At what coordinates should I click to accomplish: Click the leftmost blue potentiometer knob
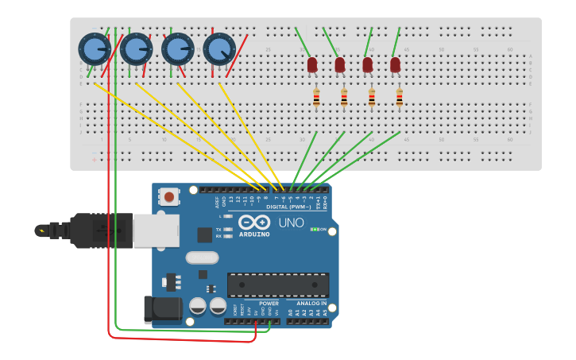pos(95,49)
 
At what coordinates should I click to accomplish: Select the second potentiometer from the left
pos(136,49)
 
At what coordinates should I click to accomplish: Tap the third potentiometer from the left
pos(177,49)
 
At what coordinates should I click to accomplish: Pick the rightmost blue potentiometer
pos(219,49)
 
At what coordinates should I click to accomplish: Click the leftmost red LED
pos(312,64)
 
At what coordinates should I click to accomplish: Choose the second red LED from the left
pos(340,64)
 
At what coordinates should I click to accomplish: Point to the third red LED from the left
pos(368,64)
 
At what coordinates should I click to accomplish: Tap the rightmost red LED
pos(395,64)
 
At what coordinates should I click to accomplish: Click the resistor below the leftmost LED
pos(316,99)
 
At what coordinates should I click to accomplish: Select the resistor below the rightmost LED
pos(399,99)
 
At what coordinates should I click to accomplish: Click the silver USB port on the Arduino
pos(156,230)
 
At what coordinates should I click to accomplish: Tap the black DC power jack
pos(159,309)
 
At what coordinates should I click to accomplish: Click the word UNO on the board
pos(291,223)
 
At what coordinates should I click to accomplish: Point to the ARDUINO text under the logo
pos(254,234)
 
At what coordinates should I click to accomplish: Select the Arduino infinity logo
pos(254,223)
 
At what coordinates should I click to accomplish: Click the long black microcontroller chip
pos(278,285)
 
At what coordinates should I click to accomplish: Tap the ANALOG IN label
pos(311,303)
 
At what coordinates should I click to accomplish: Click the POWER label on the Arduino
pos(269,303)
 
